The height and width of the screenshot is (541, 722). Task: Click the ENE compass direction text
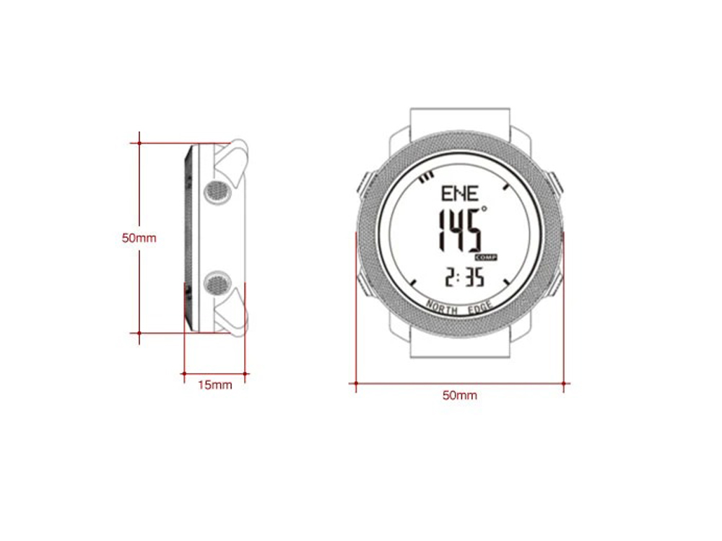(459, 193)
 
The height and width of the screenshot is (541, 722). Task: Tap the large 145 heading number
(458, 230)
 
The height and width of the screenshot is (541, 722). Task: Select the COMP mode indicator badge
(486, 258)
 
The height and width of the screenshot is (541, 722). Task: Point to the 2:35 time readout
(464, 278)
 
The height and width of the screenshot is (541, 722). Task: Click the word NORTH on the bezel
(442, 307)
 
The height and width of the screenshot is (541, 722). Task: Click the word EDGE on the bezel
(480, 308)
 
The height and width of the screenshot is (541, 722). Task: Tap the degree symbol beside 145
(484, 209)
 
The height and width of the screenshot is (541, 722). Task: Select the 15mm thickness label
(215, 385)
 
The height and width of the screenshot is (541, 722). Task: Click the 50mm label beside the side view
(139, 238)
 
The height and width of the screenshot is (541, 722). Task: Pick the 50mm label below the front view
(459, 395)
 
